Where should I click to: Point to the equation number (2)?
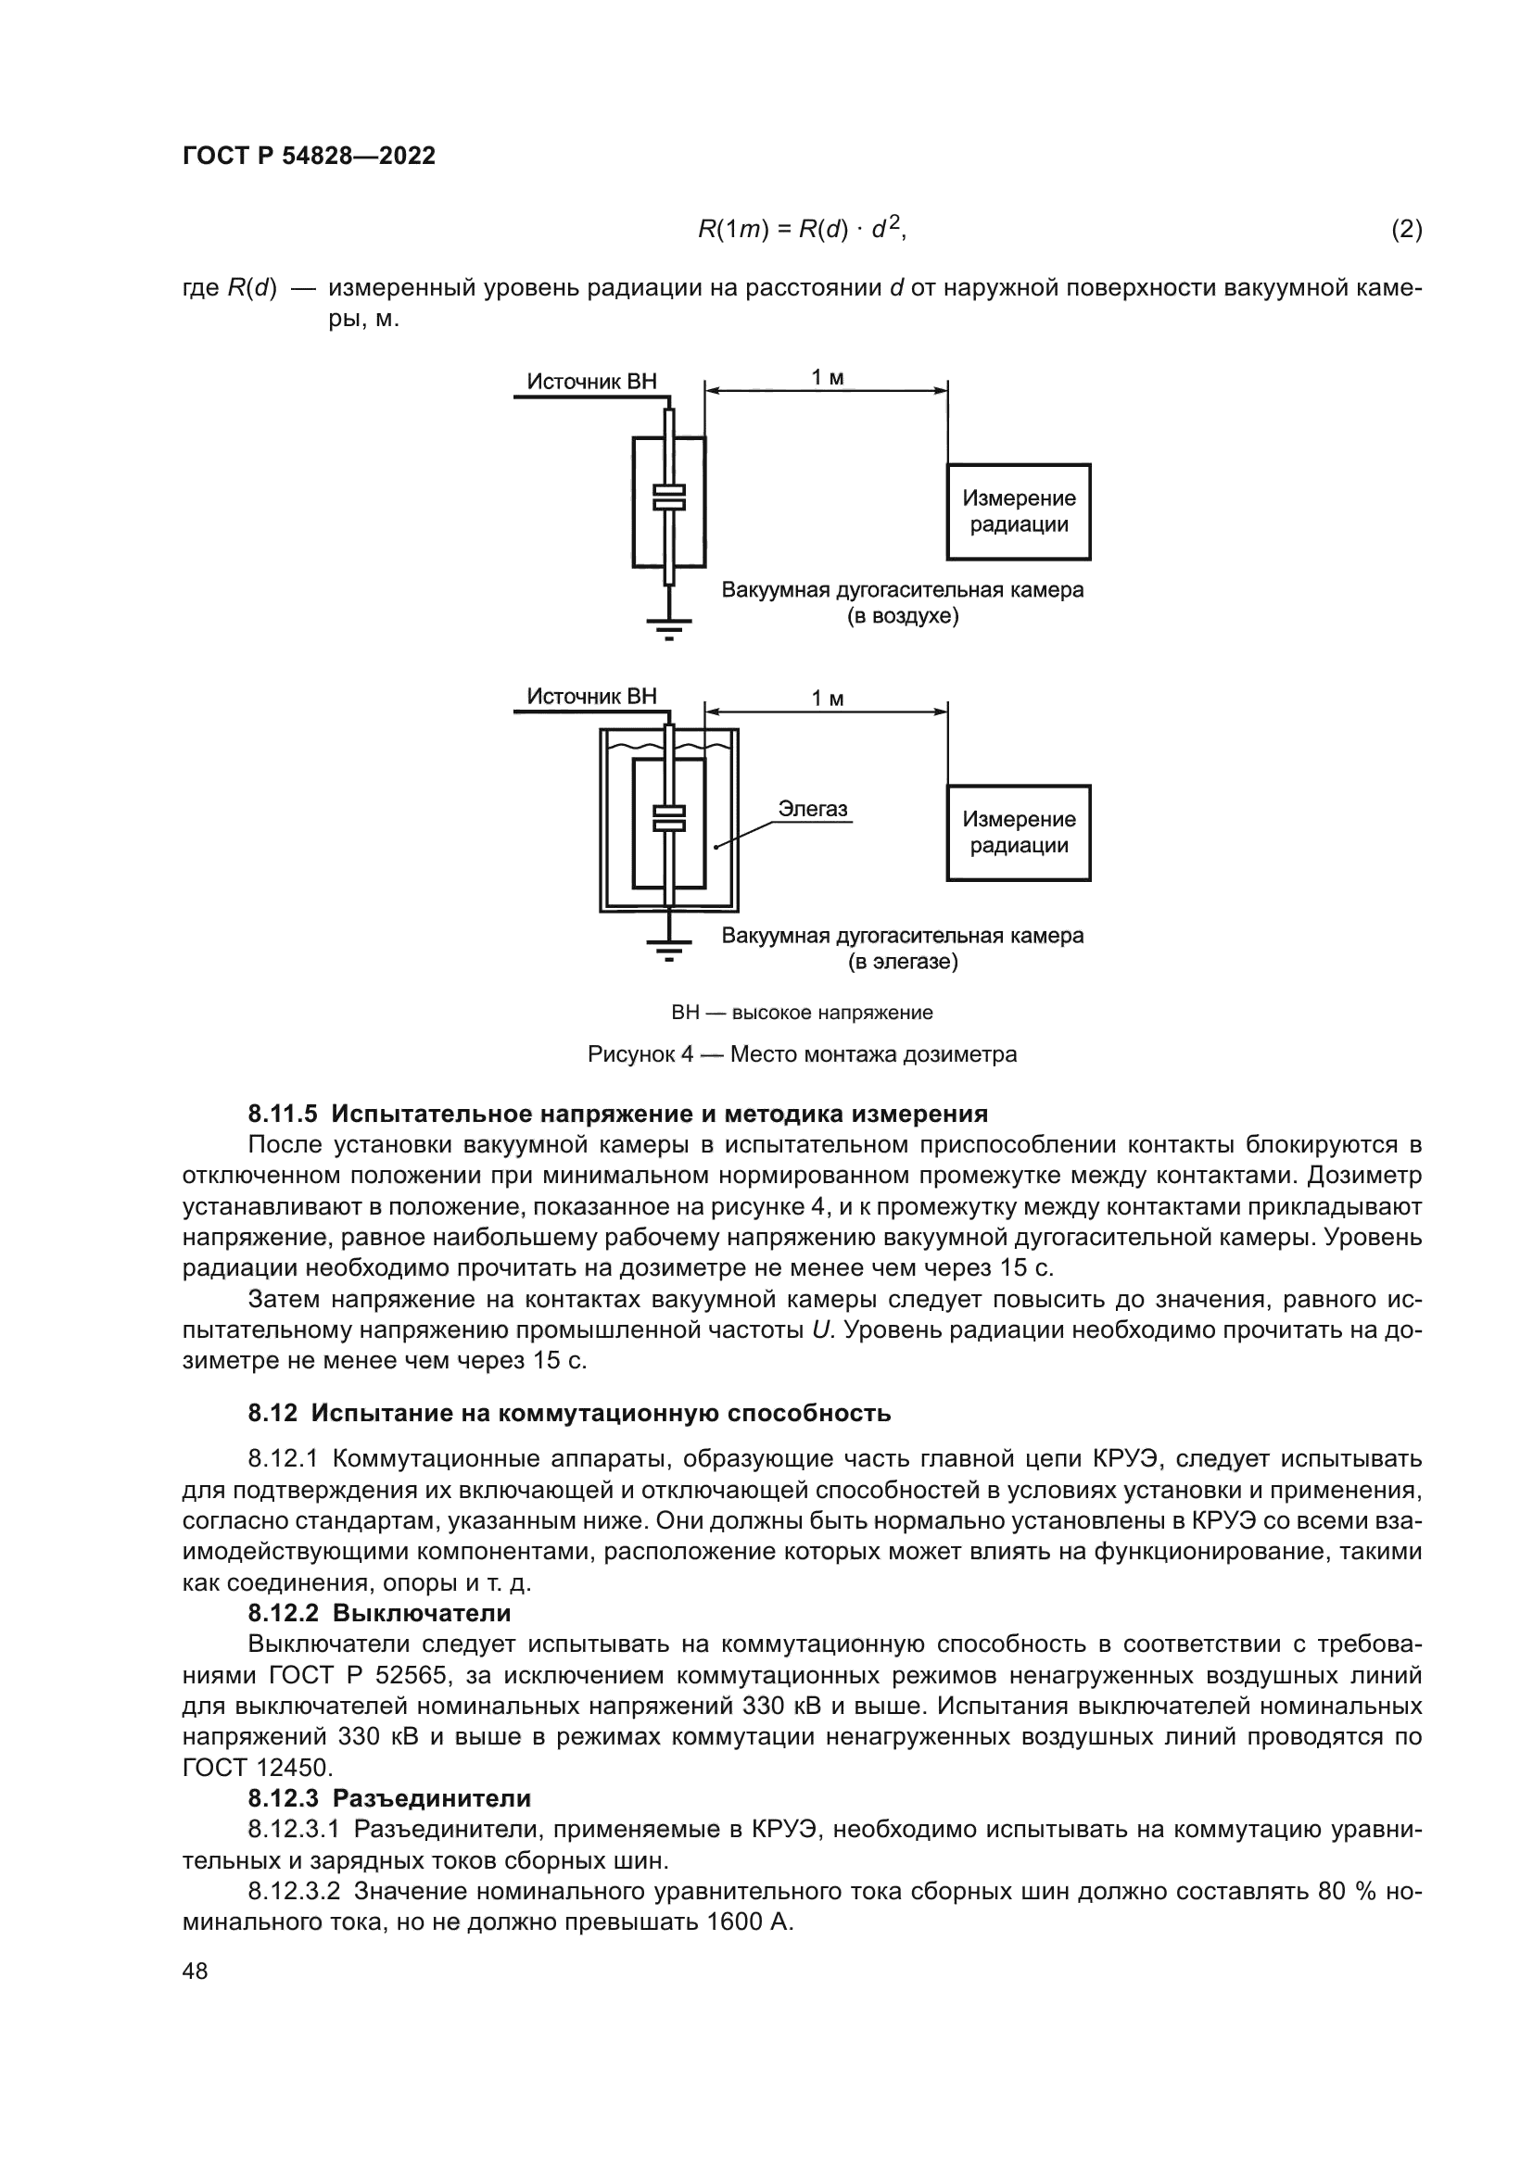coord(1406,230)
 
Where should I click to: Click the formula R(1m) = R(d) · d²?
coord(802,230)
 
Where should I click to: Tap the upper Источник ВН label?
coord(591,382)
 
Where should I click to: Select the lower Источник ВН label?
coord(591,697)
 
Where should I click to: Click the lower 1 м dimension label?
coord(827,699)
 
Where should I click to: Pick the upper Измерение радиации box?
coord(1019,511)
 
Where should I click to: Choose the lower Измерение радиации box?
coord(1019,833)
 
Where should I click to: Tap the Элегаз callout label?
coord(812,809)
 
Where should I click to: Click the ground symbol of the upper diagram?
coord(668,626)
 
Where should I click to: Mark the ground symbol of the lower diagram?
coord(668,948)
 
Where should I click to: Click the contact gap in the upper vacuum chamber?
coord(668,498)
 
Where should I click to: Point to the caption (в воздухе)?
coord(902,616)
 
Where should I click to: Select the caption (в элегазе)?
coord(902,962)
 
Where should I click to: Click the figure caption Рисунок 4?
coord(802,1054)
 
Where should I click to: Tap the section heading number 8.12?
coord(272,1413)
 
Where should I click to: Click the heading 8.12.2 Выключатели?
coord(378,1612)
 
